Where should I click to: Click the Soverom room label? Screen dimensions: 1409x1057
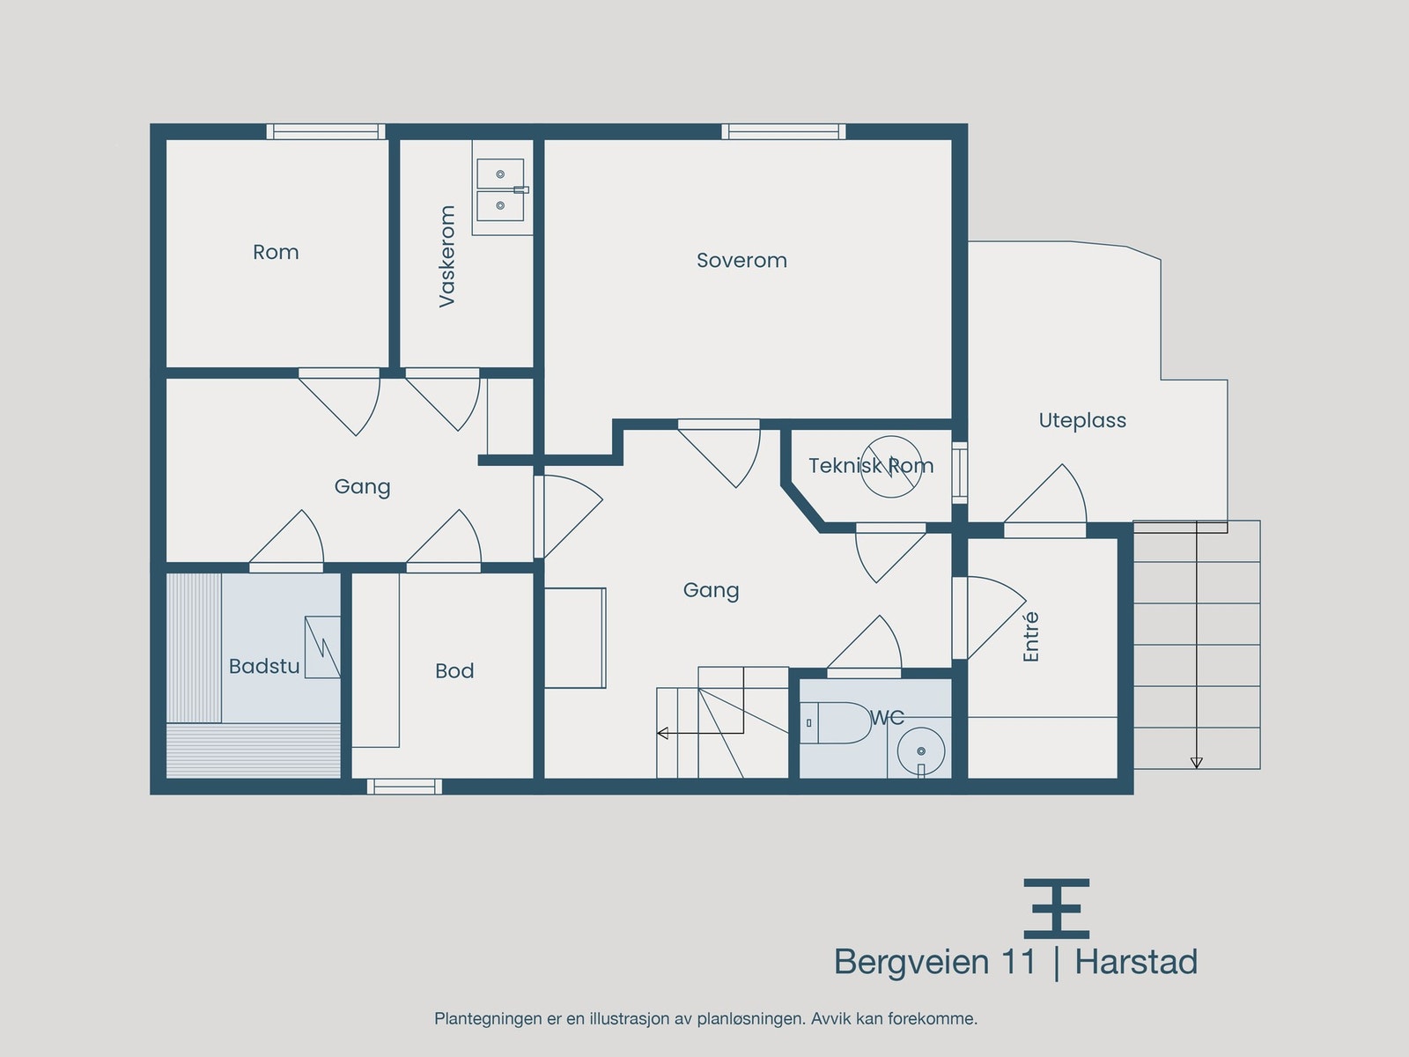tap(741, 261)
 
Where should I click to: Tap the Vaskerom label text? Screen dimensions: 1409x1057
tap(446, 256)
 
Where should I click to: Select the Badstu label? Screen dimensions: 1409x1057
tap(264, 666)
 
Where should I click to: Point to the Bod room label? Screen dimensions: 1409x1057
tap(454, 670)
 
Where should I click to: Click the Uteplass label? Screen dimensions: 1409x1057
tap(1082, 421)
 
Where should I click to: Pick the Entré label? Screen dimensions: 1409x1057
tap(1030, 637)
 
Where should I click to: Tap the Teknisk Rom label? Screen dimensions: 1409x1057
tap(871, 465)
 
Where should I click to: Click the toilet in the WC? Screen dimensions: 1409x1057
tap(835, 722)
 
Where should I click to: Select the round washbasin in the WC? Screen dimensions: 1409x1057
tap(921, 750)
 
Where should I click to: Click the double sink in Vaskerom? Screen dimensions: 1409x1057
tap(501, 190)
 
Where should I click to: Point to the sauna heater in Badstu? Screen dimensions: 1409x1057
tap(322, 647)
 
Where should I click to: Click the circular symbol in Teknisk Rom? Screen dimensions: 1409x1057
tap(891, 467)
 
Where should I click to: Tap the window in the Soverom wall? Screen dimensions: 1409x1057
tap(784, 131)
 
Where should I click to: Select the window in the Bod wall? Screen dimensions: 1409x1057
tap(404, 787)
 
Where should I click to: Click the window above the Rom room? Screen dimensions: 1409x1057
tap(326, 131)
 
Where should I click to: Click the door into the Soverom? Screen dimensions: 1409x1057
tap(719, 453)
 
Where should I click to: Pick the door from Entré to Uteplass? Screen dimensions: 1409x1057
tap(1045, 501)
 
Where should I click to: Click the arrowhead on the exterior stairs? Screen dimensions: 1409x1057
tap(1196, 763)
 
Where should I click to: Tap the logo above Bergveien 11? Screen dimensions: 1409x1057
tap(1057, 908)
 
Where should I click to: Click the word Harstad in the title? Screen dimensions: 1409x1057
tap(1136, 962)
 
